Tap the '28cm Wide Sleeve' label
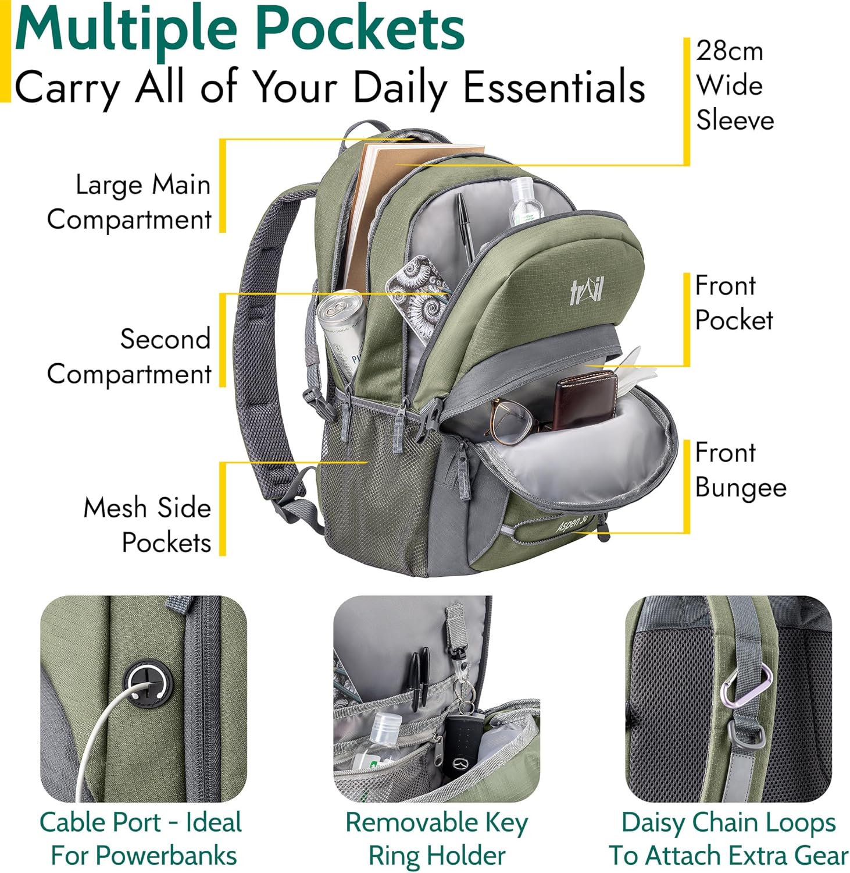(x=734, y=86)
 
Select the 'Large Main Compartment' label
(x=129, y=202)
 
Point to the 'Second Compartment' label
(x=129, y=356)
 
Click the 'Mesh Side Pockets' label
(x=147, y=525)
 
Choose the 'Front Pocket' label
(x=734, y=303)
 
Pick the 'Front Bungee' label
(x=740, y=470)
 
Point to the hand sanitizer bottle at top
(x=524, y=201)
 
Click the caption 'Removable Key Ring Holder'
(x=436, y=839)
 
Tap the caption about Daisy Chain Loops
(x=728, y=839)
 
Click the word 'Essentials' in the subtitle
(x=553, y=87)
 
